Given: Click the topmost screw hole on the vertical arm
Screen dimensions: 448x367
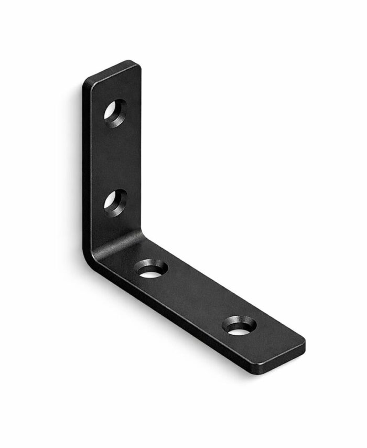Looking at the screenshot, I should (115, 111).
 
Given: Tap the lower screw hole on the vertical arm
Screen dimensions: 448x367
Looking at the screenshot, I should (115, 202).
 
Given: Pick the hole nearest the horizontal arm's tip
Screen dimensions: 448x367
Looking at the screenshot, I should (240, 326).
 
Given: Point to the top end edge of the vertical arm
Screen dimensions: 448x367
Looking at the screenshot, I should (112, 70).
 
